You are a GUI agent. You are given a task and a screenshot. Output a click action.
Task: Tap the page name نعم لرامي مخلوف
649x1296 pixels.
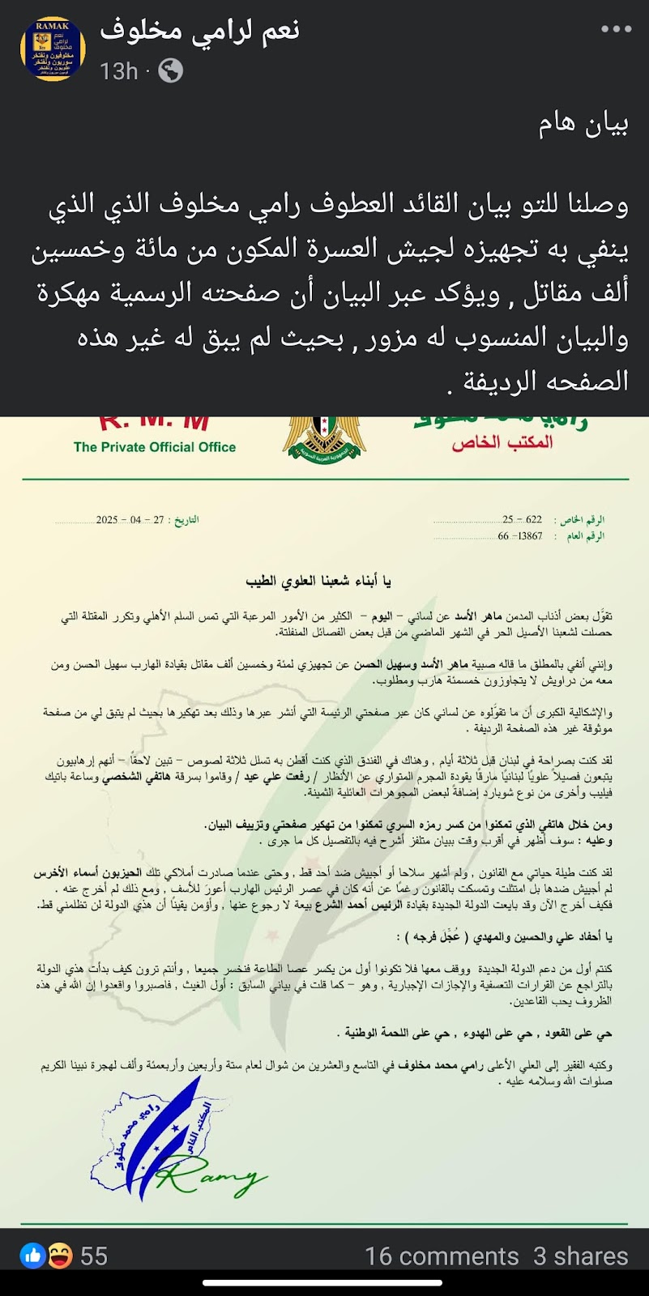click(x=199, y=31)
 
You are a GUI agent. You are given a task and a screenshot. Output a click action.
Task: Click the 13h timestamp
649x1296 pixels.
click(x=118, y=71)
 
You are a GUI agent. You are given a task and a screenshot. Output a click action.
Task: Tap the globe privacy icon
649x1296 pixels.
click(x=170, y=71)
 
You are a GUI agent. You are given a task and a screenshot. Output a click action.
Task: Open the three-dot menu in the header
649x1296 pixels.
click(x=615, y=29)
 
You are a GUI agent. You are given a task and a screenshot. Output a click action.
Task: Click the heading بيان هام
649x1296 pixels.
click(x=583, y=124)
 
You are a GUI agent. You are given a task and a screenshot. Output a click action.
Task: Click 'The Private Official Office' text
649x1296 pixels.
click(x=155, y=447)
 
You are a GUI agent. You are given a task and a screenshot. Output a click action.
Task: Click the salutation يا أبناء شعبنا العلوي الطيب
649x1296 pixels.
click(x=318, y=581)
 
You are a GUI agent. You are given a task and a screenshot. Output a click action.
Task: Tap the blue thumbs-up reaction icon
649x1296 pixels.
click(x=32, y=1256)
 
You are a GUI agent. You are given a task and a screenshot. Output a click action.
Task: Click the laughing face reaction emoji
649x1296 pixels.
click(x=58, y=1256)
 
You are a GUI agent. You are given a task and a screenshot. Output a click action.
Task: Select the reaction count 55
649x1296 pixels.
click(x=94, y=1256)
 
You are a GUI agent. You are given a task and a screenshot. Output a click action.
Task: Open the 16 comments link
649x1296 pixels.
click(x=442, y=1256)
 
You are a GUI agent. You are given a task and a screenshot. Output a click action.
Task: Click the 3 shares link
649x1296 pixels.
click(x=580, y=1256)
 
